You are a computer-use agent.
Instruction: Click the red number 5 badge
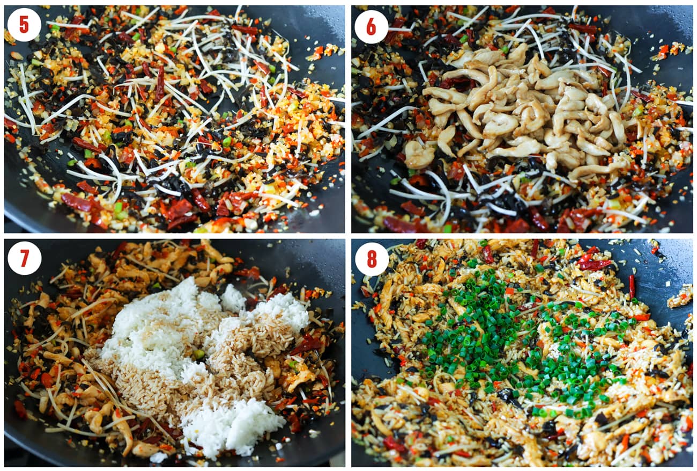[x=24, y=25]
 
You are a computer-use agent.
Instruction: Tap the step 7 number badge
[x=24, y=258]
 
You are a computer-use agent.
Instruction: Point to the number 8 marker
[x=371, y=259]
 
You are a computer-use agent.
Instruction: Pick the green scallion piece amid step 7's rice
[x=199, y=354]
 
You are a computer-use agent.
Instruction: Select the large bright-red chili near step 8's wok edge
[x=592, y=264]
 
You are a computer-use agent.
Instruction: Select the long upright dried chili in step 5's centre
[x=160, y=81]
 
